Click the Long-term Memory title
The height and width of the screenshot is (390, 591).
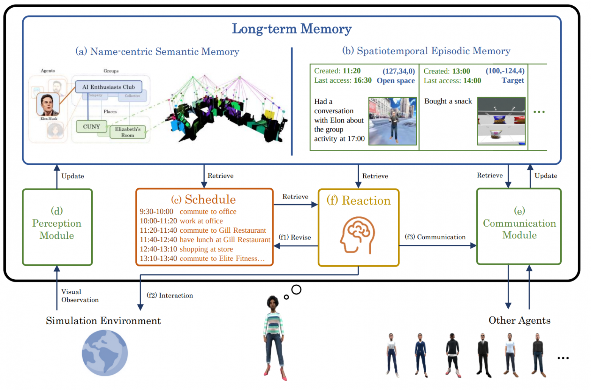coord(292,29)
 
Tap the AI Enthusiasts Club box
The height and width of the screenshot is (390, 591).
coord(108,87)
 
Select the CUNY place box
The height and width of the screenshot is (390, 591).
coord(91,127)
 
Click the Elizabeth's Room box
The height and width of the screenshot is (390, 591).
coord(128,132)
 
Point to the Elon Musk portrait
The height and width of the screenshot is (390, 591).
coord(48,104)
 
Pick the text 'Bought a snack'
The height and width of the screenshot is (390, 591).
coord(448,101)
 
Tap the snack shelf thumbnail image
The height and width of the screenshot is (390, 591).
coord(502,121)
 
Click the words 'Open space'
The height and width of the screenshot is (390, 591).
coord(396,80)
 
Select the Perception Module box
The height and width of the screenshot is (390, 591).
coord(57,227)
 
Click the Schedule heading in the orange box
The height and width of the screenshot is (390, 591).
coord(203,199)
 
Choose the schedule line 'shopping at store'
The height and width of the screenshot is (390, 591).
coord(206,249)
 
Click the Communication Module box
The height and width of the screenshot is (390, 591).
coord(519,226)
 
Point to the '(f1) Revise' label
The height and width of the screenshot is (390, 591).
coord(295,237)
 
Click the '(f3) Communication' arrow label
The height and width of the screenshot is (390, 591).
coord(435,237)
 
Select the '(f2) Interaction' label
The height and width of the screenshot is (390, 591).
coord(170,295)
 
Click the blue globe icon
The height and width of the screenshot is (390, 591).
coord(105,353)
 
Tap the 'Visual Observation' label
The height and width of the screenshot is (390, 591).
coord(80,296)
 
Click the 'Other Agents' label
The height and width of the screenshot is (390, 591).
coord(519,320)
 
